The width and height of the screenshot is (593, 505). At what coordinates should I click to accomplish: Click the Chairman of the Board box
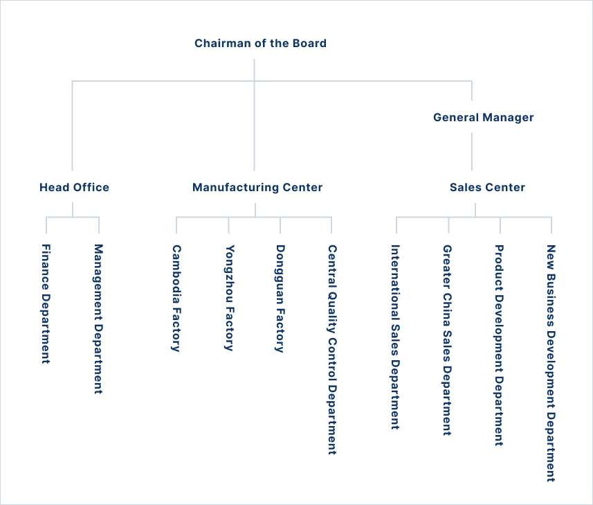[257, 43]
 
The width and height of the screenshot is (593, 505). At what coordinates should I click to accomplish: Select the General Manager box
[483, 117]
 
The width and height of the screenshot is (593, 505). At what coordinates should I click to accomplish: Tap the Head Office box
[73, 187]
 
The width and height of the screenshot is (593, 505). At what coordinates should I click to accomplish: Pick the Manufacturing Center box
[257, 187]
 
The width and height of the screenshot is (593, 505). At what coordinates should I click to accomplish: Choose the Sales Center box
[482, 187]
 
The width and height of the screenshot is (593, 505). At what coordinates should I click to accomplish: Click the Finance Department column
[47, 362]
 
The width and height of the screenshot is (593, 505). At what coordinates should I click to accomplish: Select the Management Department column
[99, 362]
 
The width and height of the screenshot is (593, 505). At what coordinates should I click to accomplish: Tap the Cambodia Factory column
[177, 362]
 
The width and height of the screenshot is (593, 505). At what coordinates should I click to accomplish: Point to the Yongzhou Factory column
[229, 362]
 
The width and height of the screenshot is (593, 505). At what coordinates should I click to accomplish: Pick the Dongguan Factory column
[281, 362]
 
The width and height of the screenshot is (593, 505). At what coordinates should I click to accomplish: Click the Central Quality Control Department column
[333, 362]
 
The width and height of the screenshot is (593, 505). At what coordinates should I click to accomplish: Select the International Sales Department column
[396, 362]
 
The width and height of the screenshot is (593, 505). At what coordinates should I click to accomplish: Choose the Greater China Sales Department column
[448, 362]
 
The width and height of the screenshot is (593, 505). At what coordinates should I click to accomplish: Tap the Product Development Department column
[500, 362]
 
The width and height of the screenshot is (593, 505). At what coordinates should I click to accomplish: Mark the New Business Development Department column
[551, 362]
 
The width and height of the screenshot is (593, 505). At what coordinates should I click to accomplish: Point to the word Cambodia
[177, 273]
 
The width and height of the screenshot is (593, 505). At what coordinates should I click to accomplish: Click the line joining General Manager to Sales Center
[473, 152]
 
